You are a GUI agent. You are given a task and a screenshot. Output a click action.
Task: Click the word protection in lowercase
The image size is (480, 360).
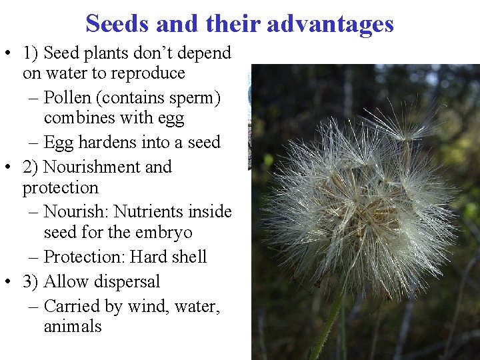point(60,188)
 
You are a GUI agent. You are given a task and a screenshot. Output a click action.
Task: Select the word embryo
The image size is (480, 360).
point(163,233)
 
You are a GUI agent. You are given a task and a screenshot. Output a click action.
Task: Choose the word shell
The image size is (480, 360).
point(189,257)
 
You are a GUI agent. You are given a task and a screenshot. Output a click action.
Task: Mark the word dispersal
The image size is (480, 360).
point(127,281)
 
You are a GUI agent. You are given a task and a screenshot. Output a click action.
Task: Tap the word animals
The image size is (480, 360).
point(73,327)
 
